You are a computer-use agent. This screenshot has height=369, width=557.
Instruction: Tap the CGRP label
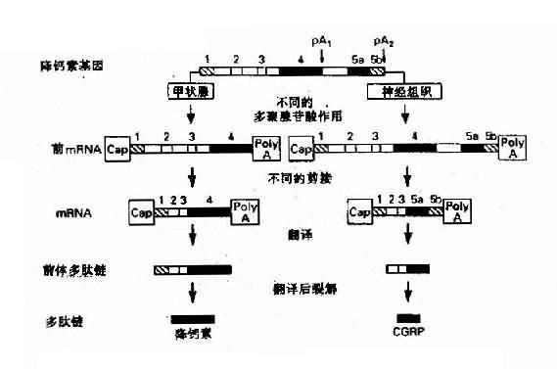tap(408, 335)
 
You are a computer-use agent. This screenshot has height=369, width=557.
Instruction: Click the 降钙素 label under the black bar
tap(192, 334)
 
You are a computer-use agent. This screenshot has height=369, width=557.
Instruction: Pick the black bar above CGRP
tap(407, 319)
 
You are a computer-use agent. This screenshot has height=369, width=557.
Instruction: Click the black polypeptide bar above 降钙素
tap(193, 319)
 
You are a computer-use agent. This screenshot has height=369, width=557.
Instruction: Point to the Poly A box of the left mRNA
tap(245, 212)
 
